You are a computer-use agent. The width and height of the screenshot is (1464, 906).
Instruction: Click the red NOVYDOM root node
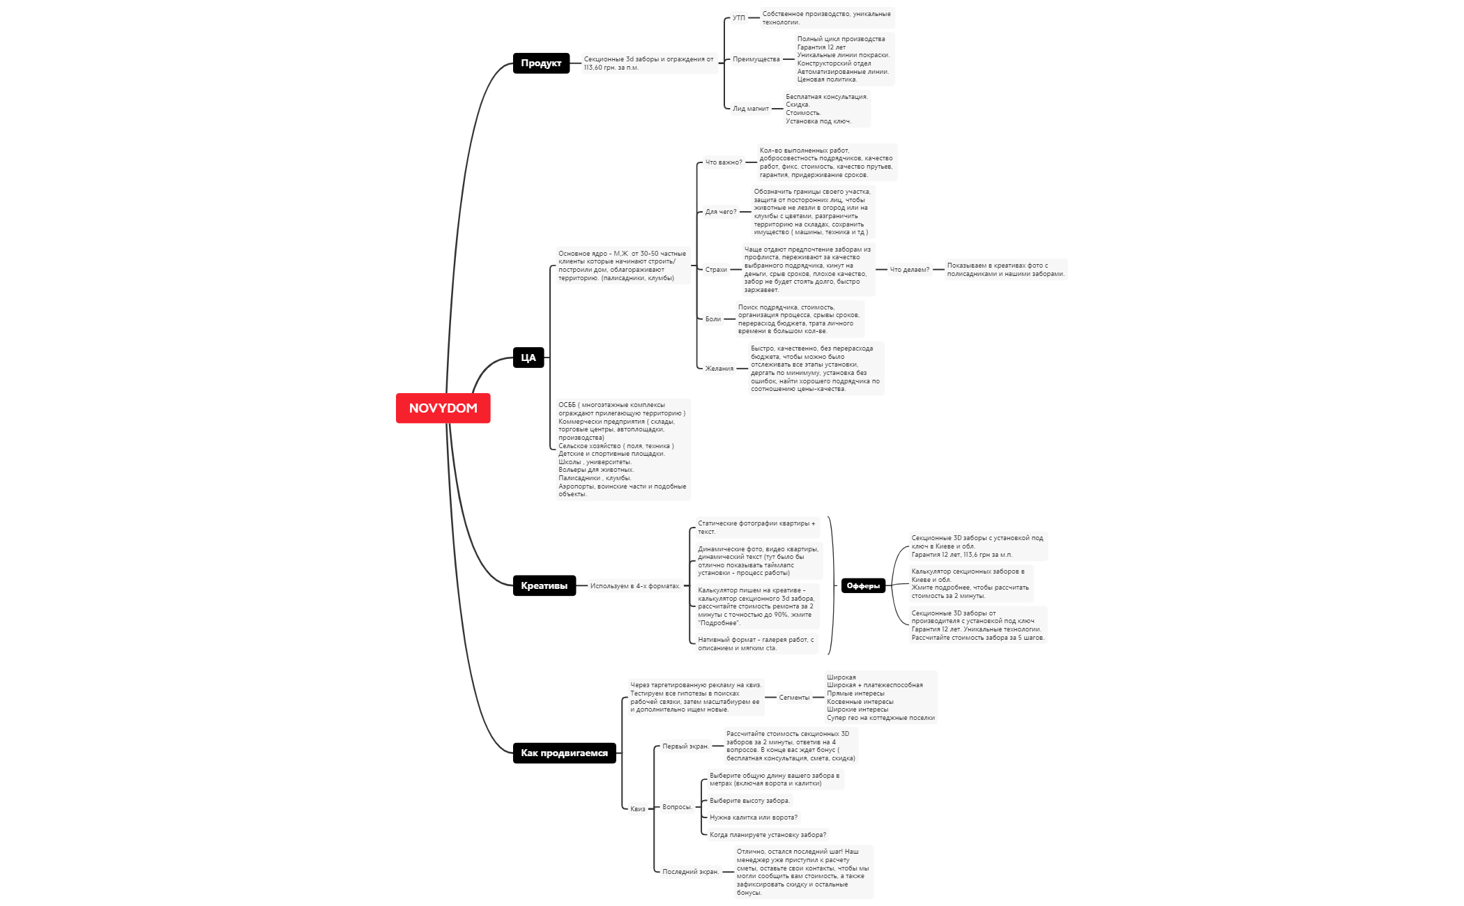click(443, 408)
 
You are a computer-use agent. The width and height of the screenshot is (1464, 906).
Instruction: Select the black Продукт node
click(541, 63)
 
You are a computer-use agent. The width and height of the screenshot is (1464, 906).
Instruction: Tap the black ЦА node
click(528, 358)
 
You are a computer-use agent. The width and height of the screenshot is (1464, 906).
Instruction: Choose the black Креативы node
click(544, 585)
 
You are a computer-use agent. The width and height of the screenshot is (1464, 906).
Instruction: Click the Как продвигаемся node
click(564, 753)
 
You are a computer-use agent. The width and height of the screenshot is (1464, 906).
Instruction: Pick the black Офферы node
click(863, 586)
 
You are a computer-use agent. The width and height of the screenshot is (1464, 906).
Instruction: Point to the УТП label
click(739, 18)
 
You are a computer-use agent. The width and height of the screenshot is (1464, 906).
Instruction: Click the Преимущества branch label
click(756, 59)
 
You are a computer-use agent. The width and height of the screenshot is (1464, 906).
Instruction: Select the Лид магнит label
click(750, 109)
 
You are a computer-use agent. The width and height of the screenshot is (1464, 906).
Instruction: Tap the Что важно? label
click(724, 162)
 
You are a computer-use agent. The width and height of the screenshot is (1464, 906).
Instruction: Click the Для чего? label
click(720, 212)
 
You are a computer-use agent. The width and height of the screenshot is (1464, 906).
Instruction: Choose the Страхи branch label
click(716, 270)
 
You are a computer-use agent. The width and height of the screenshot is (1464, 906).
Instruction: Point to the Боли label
click(712, 319)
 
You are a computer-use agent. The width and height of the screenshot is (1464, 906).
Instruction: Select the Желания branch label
click(719, 369)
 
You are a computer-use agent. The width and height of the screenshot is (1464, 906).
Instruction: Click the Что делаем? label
click(909, 270)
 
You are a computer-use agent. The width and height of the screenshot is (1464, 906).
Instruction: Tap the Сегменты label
click(794, 698)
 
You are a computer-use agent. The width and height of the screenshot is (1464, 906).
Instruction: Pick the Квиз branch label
click(638, 809)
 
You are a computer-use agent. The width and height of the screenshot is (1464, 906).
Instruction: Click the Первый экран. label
click(685, 746)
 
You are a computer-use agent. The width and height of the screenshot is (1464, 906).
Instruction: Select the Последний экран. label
click(690, 872)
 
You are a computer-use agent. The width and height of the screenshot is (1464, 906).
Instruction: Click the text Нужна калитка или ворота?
click(754, 817)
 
